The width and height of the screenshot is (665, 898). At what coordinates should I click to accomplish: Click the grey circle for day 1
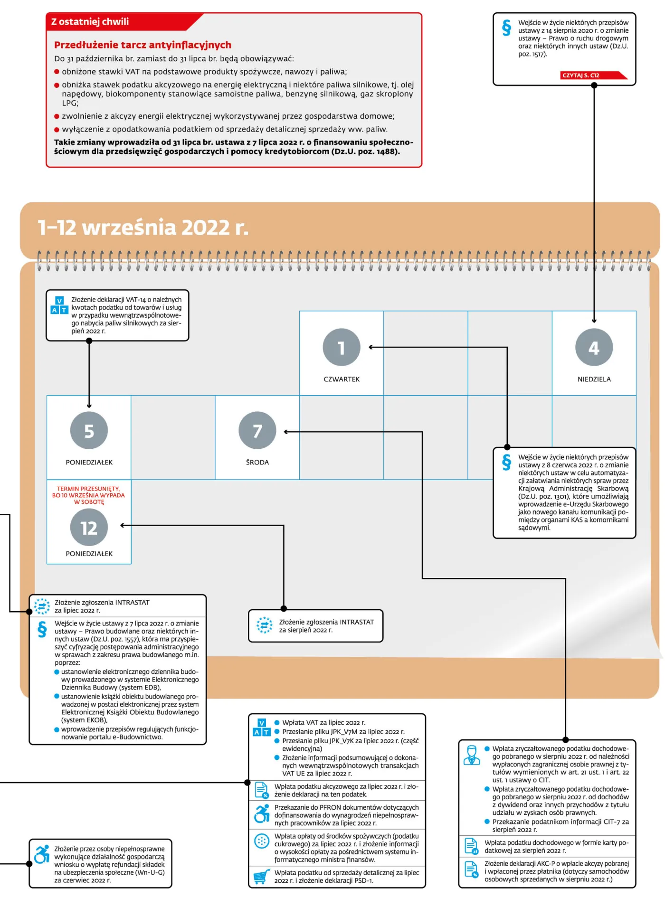pos(342,347)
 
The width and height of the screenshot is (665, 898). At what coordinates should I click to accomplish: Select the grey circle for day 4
pos(594,347)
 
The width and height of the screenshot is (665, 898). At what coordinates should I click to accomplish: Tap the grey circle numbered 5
pos(89,430)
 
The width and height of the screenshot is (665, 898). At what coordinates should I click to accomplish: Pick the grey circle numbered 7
pos(257,430)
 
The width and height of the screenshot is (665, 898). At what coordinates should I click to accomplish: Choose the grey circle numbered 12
pos(89,527)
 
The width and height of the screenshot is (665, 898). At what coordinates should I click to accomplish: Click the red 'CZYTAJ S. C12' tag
pos(594,75)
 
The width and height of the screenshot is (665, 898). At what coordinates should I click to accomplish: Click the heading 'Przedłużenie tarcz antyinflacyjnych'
pos(142,45)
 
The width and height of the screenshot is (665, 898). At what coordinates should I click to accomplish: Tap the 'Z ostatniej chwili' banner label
pos(90,21)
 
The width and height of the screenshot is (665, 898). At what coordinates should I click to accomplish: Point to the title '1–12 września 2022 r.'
pos(143,227)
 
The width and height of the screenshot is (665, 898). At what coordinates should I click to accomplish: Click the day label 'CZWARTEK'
pos(342,379)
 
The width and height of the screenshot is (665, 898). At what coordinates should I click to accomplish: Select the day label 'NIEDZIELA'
pos(594,379)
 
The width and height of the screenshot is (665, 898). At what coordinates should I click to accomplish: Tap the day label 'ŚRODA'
pos(257,462)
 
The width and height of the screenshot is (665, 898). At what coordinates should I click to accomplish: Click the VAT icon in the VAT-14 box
pos(59,305)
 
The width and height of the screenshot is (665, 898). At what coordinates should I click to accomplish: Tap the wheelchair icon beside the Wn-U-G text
pos(42,854)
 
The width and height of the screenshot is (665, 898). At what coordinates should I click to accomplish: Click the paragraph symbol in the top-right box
pos(507,28)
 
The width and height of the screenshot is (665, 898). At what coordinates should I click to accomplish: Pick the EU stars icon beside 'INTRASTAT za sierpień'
pos(264,625)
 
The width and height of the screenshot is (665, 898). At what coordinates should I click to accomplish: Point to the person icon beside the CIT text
pos(472,755)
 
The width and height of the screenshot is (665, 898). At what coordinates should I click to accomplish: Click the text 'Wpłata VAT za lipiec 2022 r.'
pos(324,722)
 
